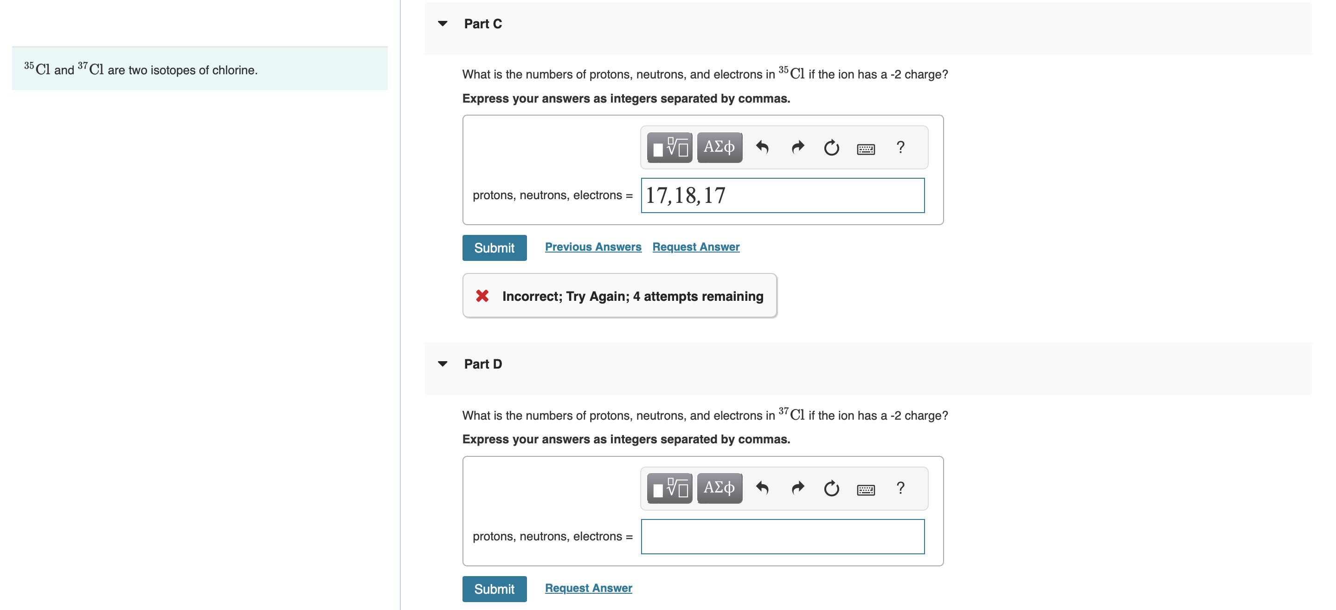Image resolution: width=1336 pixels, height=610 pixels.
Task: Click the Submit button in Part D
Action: click(x=494, y=589)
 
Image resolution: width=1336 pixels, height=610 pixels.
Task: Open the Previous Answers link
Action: click(x=593, y=247)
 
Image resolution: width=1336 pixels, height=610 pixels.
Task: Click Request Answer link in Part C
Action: click(x=695, y=247)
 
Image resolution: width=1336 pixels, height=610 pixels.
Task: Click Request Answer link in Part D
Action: click(x=588, y=588)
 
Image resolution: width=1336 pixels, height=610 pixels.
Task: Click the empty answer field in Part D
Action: click(x=782, y=537)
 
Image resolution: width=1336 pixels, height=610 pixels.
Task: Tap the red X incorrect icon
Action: click(x=482, y=296)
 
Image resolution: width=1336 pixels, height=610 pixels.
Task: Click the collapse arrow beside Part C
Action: click(x=443, y=23)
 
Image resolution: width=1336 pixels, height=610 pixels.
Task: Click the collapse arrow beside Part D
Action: click(x=443, y=364)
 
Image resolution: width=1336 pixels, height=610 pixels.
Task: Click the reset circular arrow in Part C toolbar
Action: click(x=831, y=148)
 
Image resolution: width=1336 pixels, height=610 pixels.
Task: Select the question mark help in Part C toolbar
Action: click(x=900, y=148)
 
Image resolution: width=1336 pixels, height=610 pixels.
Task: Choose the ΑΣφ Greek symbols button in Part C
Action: click(x=719, y=148)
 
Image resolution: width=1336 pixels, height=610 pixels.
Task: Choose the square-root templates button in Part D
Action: click(x=669, y=488)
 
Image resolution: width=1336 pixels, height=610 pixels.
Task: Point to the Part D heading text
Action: click(x=482, y=364)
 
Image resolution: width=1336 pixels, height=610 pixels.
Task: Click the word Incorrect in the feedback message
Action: click(x=532, y=297)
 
